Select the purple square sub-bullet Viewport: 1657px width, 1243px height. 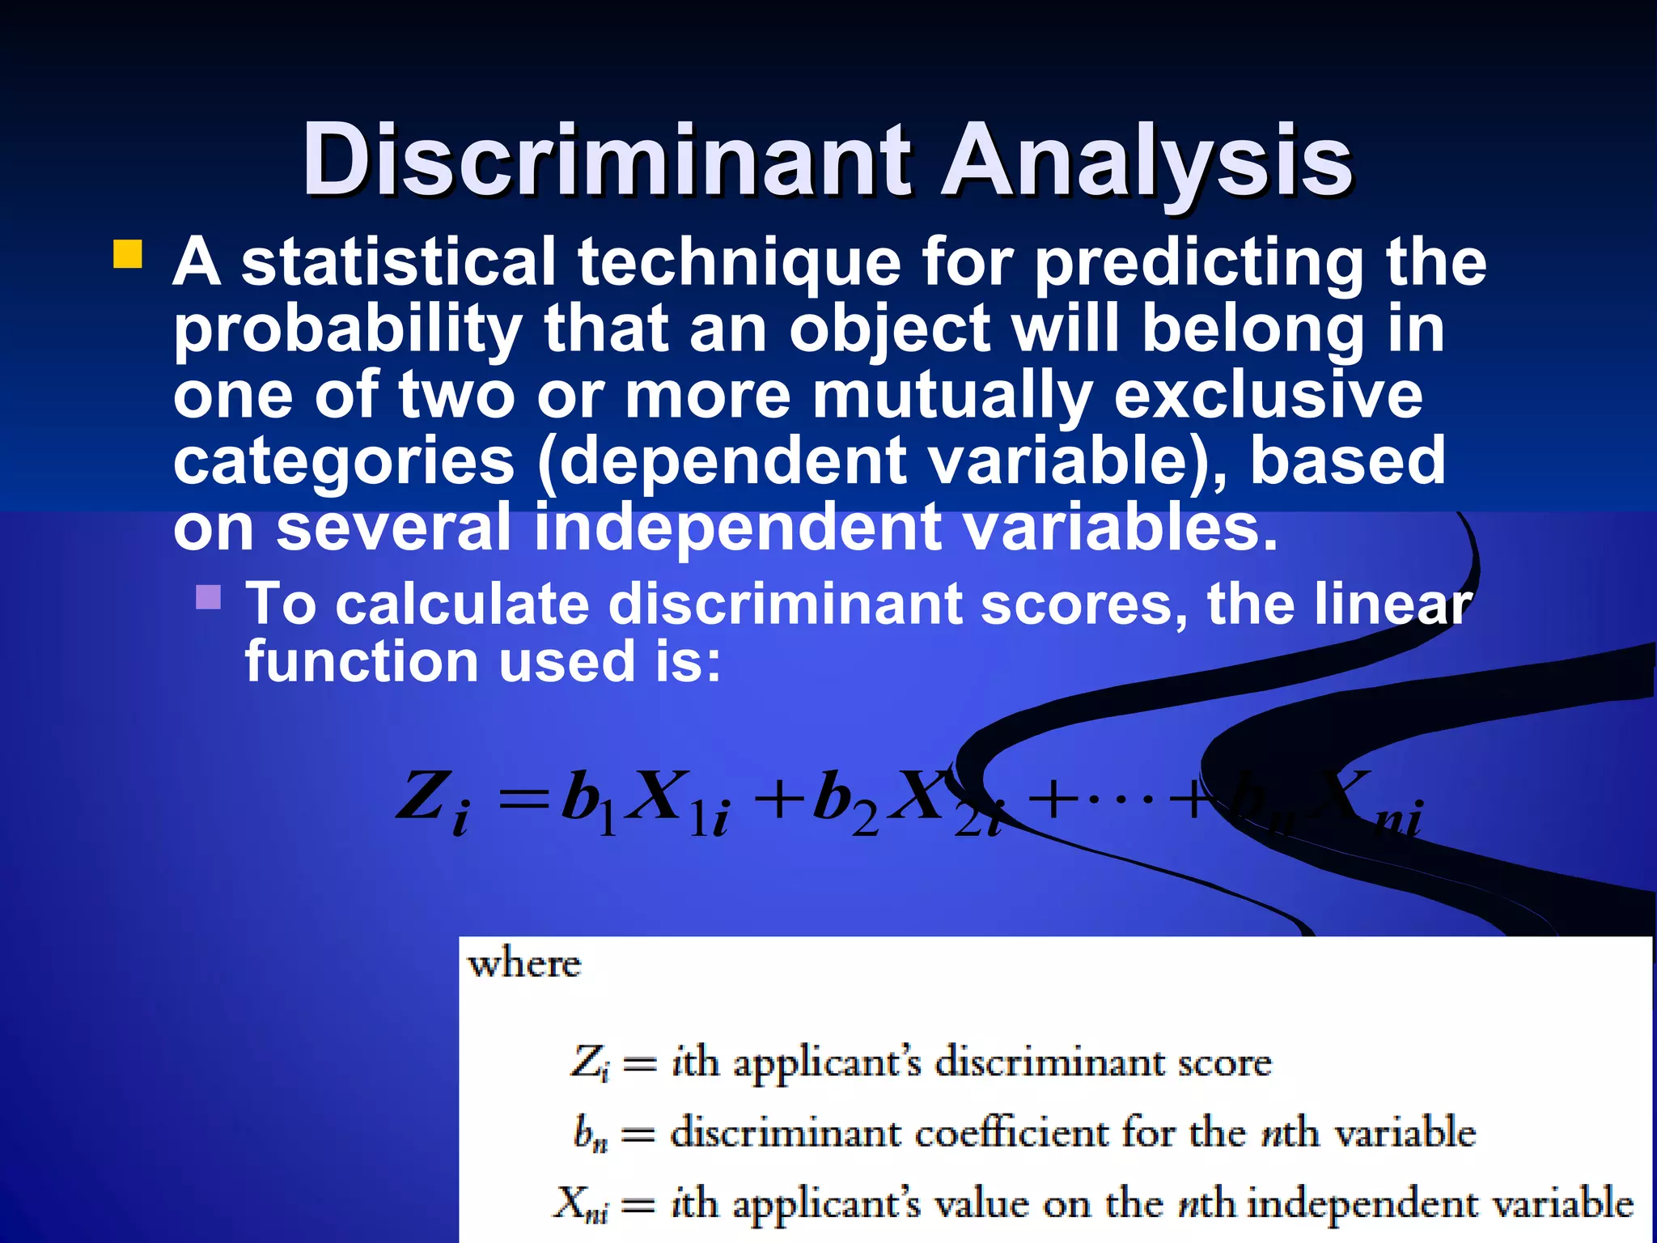point(208,597)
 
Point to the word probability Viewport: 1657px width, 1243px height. point(348,330)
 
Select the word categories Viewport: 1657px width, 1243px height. point(344,461)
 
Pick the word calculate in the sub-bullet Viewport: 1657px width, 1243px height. point(462,605)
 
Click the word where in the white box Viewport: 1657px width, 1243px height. point(524,965)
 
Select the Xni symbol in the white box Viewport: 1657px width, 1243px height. point(581,1204)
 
